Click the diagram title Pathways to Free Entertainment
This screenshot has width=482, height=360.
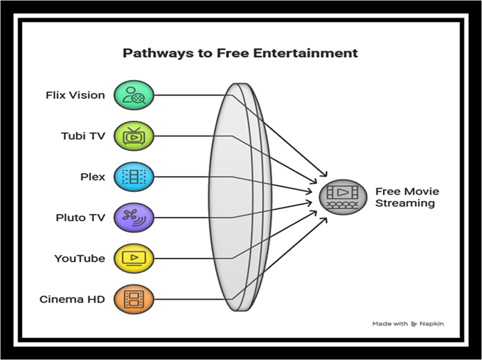(240, 54)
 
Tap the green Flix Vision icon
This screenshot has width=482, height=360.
(134, 95)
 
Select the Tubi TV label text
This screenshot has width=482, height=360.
(82, 136)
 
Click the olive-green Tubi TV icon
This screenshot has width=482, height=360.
(134, 136)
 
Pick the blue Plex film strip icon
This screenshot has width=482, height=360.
(134, 177)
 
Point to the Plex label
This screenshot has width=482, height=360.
(92, 177)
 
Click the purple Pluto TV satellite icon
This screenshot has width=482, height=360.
(134, 217)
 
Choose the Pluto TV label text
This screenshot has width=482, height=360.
(80, 217)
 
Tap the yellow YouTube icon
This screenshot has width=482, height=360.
(134, 258)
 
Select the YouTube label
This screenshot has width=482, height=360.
(79, 258)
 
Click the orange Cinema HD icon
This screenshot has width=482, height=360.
(134, 299)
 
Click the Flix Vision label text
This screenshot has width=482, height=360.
(75, 95)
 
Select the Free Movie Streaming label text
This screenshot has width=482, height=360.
(406, 197)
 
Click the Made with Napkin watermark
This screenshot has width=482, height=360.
(408, 323)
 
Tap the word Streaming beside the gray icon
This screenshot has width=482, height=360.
(404, 203)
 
